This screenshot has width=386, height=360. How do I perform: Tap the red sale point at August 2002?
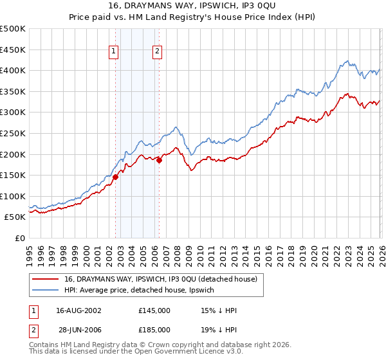pos(115,177)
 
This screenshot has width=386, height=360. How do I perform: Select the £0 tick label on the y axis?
pos(19,238)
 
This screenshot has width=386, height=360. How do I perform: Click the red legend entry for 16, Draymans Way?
pos(161,278)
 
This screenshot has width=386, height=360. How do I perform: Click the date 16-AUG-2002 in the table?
pos(79,310)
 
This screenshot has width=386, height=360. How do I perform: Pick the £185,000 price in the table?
pos(154,330)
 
